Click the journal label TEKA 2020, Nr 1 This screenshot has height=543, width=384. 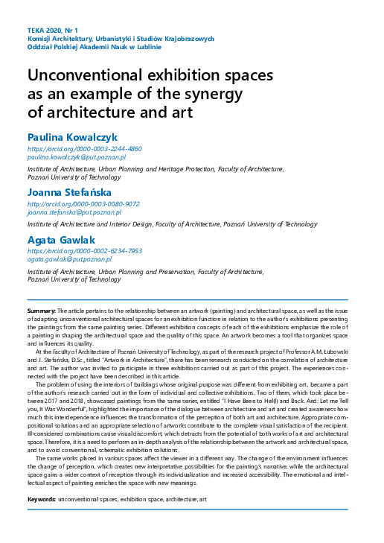click(52, 29)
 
